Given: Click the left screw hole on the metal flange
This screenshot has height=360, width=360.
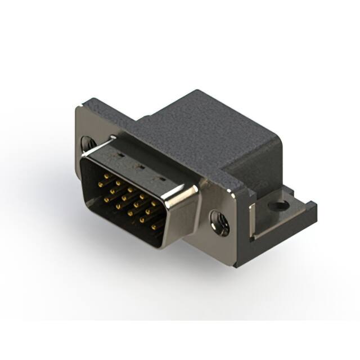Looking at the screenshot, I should point(87,143).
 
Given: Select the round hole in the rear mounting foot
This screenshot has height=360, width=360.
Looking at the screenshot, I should point(277,206).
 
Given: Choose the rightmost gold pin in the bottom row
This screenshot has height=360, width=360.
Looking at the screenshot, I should point(154,228).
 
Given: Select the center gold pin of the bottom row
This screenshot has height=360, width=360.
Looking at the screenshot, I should point(129,214).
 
